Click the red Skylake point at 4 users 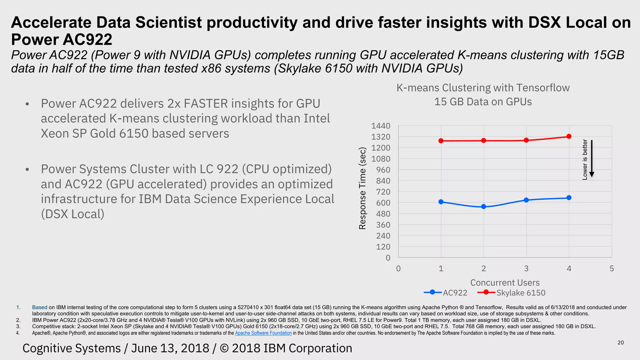coord(569,136)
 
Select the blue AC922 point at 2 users coord(483,207)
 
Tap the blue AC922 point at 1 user coord(441,202)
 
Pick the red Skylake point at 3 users coord(526,140)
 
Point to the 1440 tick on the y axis coord(381,126)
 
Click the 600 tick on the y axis coord(383,203)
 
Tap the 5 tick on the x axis coord(612,268)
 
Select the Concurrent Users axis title coord(505,282)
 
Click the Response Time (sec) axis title coord(362,188)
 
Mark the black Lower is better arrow coord(592,158)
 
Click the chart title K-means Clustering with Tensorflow coord(483,88)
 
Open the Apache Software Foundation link coord(263,333)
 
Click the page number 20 coord(621,343)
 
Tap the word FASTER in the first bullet coord(206,104)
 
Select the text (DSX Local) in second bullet coord(72,214)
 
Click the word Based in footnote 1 coord(40,307)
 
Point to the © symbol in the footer coord(224,348)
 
